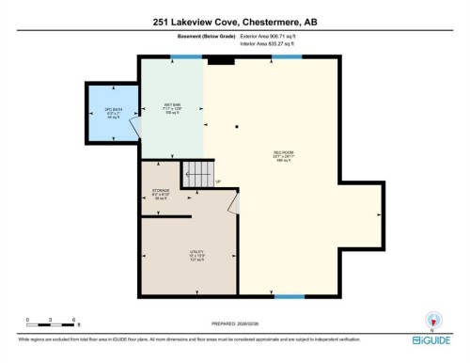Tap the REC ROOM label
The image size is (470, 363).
[280, 154]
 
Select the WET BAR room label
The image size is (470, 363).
[171, 105]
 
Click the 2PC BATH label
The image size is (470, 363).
[113, 113]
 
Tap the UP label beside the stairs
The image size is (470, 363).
[217, 181]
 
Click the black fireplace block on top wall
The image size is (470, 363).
[220, 60]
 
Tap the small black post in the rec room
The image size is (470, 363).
[237, 127]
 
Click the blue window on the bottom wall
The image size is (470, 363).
[290, 296]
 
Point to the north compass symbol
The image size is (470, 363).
[432, 319]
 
